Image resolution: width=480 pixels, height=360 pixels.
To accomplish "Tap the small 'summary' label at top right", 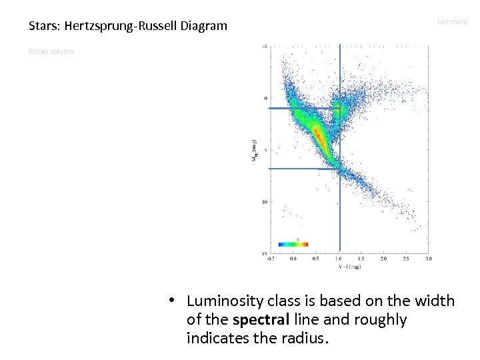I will [451, 22].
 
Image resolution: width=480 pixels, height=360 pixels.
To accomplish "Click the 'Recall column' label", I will [51, 51].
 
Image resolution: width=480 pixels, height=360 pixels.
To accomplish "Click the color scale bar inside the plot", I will [293, 243].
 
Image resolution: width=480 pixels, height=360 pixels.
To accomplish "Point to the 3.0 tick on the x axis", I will [428, 258].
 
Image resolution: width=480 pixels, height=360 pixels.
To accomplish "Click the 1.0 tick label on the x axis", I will [339, 258].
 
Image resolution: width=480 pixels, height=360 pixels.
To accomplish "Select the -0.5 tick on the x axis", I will [270, 258].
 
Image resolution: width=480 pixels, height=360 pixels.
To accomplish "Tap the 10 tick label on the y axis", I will [264, 201].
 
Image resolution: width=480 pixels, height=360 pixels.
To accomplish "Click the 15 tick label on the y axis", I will [264, 254].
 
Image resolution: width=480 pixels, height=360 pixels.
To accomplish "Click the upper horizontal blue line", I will [303, 108].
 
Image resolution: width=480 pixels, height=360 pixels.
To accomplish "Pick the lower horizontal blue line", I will [303, 169].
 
